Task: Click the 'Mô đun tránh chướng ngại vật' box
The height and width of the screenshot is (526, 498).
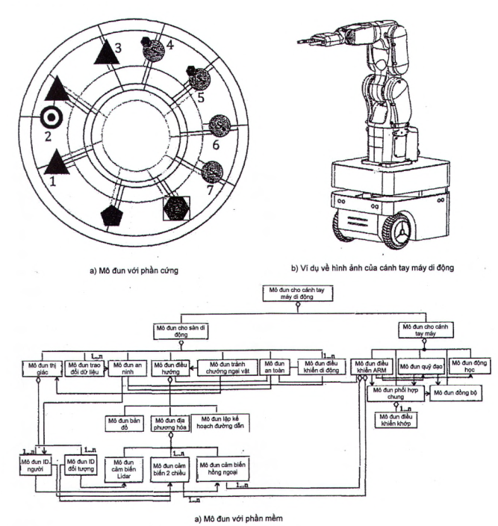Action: coord(226,367)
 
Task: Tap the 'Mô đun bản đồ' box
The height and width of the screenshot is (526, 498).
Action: coord(124,421)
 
